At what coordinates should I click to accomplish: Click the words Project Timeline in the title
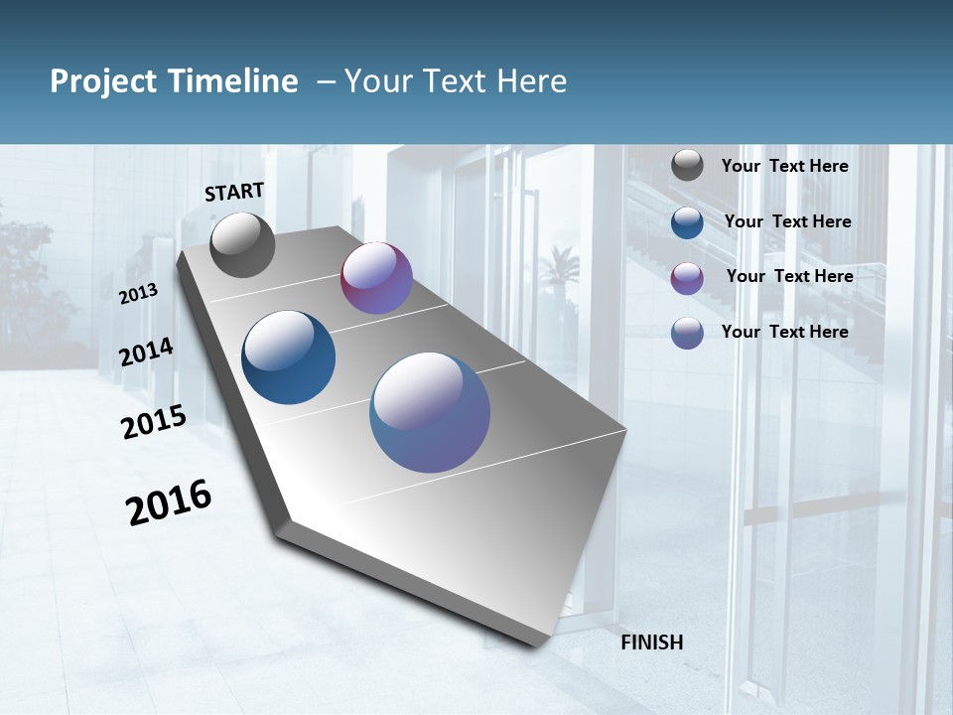(x=174, y=81)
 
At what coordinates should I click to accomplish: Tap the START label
(x=234, y=192)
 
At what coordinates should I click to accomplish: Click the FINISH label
(x=652, y=643)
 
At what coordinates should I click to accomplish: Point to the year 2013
(x=139, y=294)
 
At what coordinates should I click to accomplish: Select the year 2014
(x=147, y=352)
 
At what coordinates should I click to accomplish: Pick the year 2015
(x=154, y=422)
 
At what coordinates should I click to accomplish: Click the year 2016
(x=169, y=502)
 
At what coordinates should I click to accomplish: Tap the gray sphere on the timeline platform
(x=242, y=245)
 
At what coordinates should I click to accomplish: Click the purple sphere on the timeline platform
(x=376, y=278)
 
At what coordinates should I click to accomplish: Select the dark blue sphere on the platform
(x=289, y=357)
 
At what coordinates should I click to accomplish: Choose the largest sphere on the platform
(x=430, y=412)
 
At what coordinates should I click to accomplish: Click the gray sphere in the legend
(x=687, y=166)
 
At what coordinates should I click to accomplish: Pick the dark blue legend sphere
(x=687, y=222)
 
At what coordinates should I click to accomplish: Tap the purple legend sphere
(x=687, y=278)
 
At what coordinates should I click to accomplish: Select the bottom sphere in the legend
(x=687, y=333)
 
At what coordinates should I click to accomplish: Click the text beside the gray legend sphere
(x=784, y=167)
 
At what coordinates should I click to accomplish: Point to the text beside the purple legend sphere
(x=789, y=276)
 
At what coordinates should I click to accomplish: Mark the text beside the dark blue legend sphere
(x=787, y=221)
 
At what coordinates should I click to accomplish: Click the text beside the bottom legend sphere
(x=784, y=332)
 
